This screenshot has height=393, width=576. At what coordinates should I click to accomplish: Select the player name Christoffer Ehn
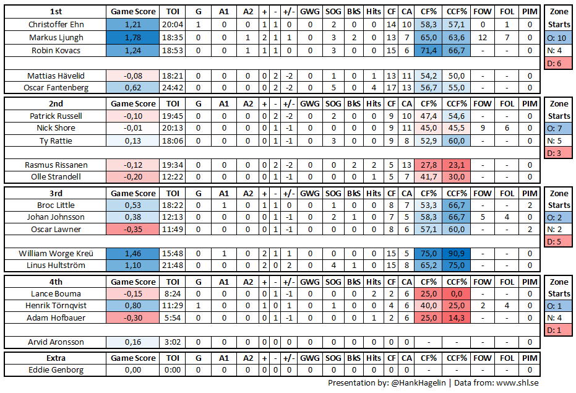click(x=56, y=25)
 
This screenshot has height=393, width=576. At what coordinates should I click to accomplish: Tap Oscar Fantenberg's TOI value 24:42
click(x=173, y=87)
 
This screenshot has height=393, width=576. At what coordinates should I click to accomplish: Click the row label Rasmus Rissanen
click(x=56, y=165)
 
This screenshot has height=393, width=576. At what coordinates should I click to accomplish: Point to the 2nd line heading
click(x=56, y=103)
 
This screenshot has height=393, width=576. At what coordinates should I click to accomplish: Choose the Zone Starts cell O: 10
click(x=559, y=38)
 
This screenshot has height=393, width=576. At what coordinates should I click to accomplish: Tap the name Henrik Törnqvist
click(x=56, y=306)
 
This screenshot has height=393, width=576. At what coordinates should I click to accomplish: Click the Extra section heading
click(x=56, y=358)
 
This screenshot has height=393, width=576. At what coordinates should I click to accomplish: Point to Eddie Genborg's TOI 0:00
click(x=173, y=370)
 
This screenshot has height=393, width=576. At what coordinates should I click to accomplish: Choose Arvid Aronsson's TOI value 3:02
click(x=173, y=342)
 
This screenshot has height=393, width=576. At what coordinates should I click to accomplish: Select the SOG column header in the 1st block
click(x=333, y=12)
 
